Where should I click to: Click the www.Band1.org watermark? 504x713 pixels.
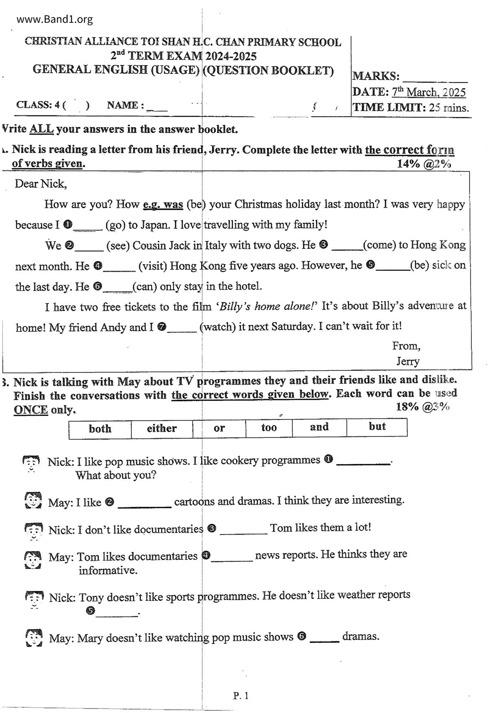(x=54, y=19)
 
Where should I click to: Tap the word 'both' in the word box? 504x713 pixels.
(x=100, y=429)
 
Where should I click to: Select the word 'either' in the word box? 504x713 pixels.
(x=162, y=428)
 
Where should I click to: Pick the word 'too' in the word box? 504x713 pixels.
(x=269, y=427)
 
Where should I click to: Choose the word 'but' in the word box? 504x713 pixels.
(x=377, y=426)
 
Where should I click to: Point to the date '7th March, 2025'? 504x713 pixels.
(x=429, y=92)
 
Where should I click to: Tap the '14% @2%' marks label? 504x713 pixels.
(x=424, y=164)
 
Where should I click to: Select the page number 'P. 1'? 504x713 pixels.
(x=241, y=696)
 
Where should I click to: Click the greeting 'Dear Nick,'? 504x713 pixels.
(x=41, y=184)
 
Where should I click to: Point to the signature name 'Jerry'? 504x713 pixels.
(x=408, y=361)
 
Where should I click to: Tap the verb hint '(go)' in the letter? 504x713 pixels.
(x=115, y=225)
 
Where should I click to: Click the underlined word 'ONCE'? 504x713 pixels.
(x=31, y=410)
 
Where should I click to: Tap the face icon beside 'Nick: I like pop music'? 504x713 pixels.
(x=31, y=463)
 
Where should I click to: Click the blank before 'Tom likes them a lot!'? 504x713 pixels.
(x=243, y=530)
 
